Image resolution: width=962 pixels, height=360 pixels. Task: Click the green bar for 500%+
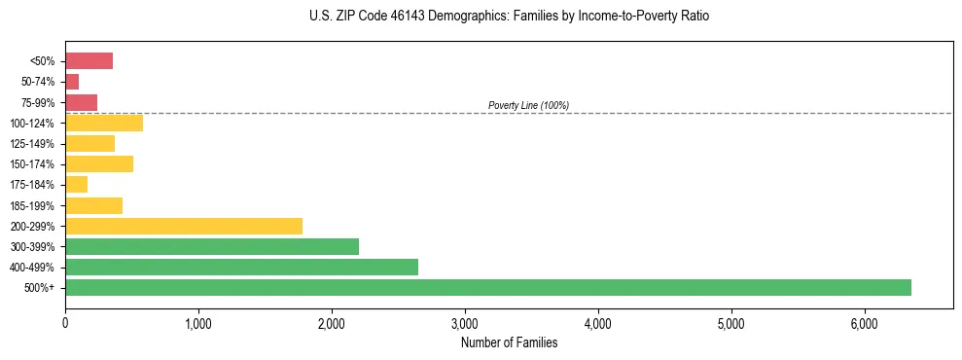point(487,287)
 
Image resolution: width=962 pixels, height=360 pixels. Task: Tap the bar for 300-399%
point(211,246)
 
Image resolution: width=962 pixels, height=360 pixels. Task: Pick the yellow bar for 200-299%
point(183,226)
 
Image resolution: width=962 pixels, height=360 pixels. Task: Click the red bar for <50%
point(89,61)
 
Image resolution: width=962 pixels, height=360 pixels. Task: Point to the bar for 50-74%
point(72,82)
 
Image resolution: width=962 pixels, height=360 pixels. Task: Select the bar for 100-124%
point(104,123)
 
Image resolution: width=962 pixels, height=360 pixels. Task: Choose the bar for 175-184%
point(76,184)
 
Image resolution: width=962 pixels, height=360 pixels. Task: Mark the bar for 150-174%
point(99,163)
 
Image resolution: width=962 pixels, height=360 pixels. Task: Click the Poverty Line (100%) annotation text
point(528,105)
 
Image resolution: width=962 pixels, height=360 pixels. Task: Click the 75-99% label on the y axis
point(38,102)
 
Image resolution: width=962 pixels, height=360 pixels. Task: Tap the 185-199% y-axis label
point(34,205)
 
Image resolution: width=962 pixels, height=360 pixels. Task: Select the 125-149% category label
point(34,144)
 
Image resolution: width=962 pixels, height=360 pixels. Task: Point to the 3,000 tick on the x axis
point(465,323)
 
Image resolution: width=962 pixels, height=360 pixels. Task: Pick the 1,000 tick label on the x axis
point(198,323)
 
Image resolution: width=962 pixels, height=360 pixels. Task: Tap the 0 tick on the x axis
point(65,323)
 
